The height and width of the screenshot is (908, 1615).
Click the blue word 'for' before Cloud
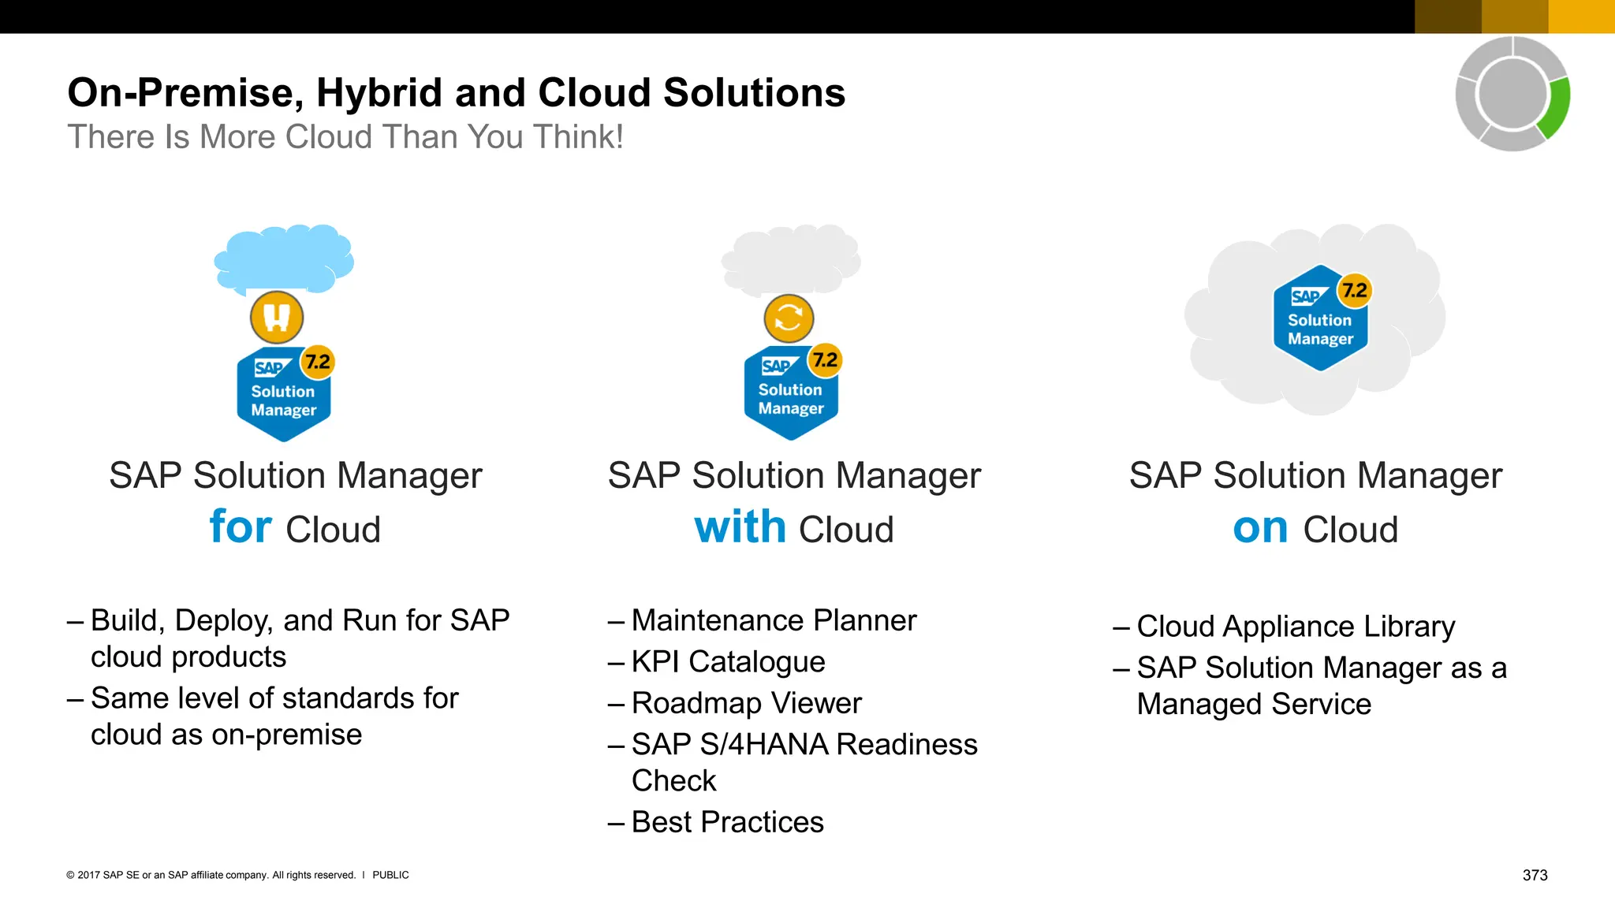[x=241, y=527]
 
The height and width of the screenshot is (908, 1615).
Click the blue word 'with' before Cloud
[x=740, y=527]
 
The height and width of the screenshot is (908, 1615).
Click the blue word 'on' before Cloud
[x=1260, y=528]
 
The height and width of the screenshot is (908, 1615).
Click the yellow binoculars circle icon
[x=277, y=317]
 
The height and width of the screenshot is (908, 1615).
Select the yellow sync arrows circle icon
[x=789, y=318]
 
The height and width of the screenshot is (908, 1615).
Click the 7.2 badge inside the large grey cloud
[x=1355, y=291]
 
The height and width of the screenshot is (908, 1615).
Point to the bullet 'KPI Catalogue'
[x=728, y=662]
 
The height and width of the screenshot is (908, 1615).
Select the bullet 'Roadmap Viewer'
[x=746, y=703]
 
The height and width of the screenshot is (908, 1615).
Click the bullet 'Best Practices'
[x=727, y=822]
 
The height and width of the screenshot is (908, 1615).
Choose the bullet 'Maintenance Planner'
[x=774, y=620]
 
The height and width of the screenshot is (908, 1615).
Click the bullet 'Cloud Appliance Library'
[x=1295, y=627]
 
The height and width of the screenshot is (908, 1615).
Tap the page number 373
[x=1535, y=875]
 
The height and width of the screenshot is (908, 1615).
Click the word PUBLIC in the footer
[x=390, y=875]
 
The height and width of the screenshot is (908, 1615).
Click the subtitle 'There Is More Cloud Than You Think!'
[x=345, y=137]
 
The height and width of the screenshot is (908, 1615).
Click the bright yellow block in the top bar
[x=1581, y=17]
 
